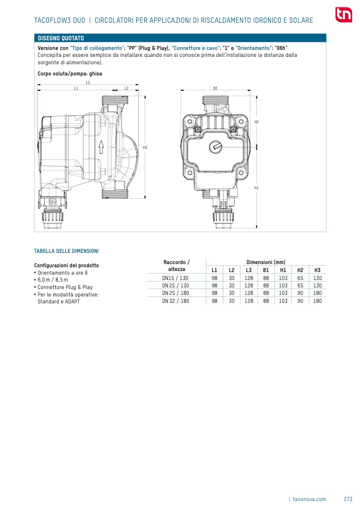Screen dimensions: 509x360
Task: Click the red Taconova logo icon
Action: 344,15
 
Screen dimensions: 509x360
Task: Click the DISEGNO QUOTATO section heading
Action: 61,39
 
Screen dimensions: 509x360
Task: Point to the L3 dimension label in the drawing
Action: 88,82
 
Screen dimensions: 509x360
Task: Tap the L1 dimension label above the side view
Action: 77,88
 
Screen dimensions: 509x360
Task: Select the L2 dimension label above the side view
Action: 127,88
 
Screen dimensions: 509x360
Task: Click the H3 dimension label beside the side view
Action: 145,147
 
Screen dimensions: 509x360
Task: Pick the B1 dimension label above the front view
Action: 215,88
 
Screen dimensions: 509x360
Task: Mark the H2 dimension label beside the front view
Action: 256,122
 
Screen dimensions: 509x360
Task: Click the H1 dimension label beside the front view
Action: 256,188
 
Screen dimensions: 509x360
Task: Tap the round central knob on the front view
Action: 215,146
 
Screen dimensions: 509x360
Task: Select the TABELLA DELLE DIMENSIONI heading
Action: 66,251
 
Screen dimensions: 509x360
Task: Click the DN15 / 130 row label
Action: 175,278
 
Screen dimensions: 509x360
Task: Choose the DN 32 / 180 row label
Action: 175,301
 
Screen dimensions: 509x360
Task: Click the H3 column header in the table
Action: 317,270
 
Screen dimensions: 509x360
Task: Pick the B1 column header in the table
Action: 266,270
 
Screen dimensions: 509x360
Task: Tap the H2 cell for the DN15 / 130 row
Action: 300,278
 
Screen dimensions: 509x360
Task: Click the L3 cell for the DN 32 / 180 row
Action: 248,301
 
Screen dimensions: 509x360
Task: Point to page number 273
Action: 348,499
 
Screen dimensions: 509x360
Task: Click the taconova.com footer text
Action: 309,499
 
